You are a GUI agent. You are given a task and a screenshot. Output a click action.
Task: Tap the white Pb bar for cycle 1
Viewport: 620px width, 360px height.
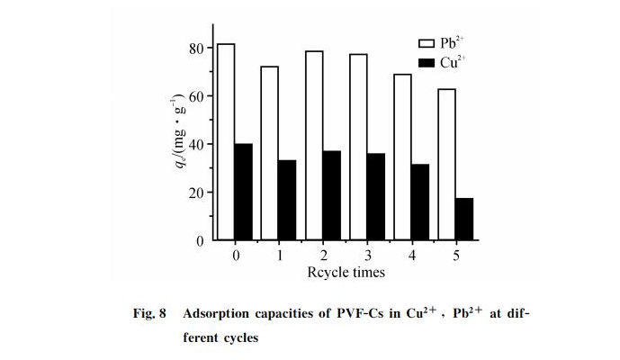(x=270, y=153)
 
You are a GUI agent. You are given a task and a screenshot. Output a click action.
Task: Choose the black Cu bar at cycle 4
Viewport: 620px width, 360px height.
(x=420, y=202)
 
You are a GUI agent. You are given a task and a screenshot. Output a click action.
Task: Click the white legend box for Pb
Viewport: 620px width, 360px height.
(x=427, y=42)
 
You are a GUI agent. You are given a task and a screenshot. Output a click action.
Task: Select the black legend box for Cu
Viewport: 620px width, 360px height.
(x=427, y=62)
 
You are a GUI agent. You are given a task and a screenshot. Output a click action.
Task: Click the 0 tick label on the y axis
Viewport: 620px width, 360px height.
(x=202, y=240)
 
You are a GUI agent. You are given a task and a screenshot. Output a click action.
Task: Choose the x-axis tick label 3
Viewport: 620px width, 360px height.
(x=367, y=256)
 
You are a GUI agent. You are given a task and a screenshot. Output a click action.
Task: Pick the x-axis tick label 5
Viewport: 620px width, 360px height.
(x=455, y=256)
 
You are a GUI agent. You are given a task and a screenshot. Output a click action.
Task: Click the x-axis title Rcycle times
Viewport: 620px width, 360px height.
(x=346, y=272)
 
